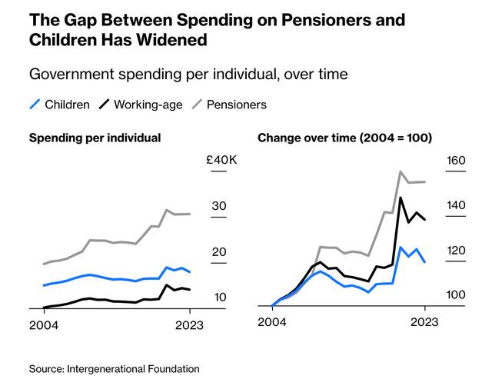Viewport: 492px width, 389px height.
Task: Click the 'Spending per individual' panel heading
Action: (x=95, y=138)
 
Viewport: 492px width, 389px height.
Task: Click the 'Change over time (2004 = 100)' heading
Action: (x=344, y=138)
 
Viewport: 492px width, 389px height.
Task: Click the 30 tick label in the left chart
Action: (x=219, y=206)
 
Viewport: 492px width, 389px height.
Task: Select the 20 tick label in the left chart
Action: (x=219, y=252)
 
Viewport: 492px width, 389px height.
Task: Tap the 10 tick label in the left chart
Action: (x=219, y=298)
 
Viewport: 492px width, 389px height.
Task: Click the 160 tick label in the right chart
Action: (x=456, y=161)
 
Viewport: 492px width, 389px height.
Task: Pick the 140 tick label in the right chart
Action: (x=456, y=206)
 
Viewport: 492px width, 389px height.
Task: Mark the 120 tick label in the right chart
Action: (x=456, y=251)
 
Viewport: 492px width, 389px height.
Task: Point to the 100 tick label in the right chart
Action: (x=456, y=296)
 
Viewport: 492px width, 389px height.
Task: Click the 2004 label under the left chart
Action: (x=45, y=324)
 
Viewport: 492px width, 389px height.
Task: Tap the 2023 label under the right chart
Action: (x=424, y=324)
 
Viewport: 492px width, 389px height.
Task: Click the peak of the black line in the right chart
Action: (x=401, y=198)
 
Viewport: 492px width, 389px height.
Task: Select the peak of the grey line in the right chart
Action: (x=401, y=171)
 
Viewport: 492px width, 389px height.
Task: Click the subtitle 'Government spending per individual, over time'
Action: (x=188, y=75)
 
